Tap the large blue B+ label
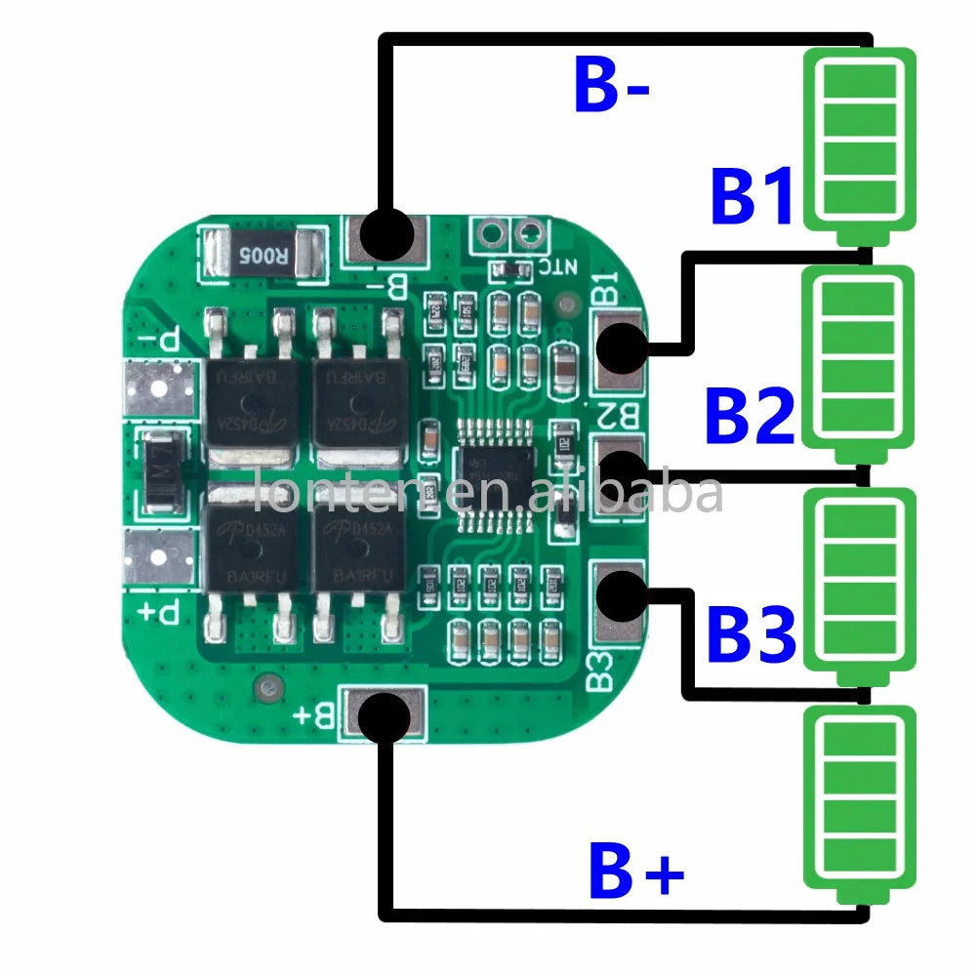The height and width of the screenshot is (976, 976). tap(635, 872)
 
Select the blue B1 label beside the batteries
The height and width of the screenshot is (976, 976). tap(752, 197)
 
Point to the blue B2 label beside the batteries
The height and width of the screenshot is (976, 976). tap(750, 416)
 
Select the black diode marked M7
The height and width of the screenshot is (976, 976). tap(157, 475)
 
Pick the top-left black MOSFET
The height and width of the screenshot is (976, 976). tap(252, 395)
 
